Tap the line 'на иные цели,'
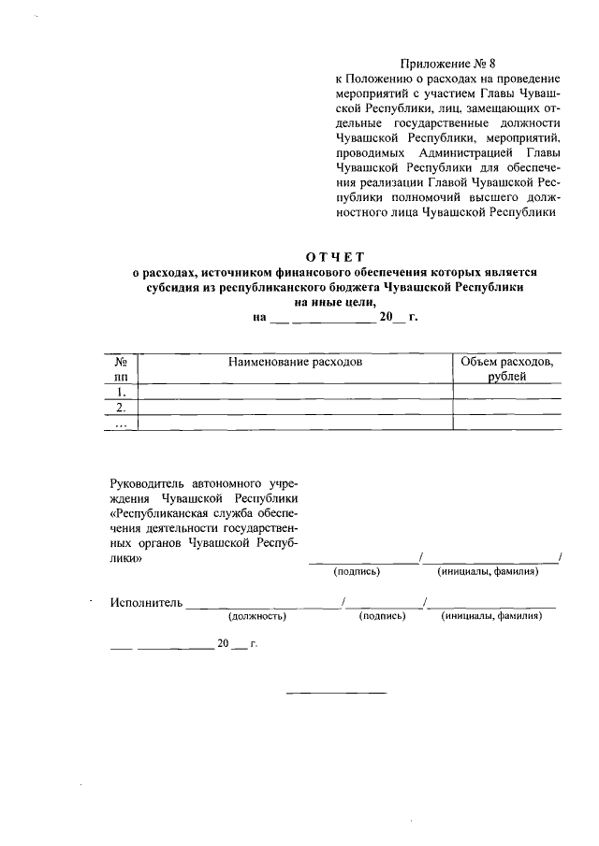click(x=335, y=302)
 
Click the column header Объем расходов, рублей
click(x=507, y=368)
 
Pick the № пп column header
click(x=120, y=368)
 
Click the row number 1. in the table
click(x=120, y=392)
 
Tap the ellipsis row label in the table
click(x=120, y=423)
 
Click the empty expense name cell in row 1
click(x=295, y=392)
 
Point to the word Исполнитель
click(x=146, y=603)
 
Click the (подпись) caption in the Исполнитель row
click(x=382, y=617)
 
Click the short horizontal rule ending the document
click(x=335, y=693)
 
